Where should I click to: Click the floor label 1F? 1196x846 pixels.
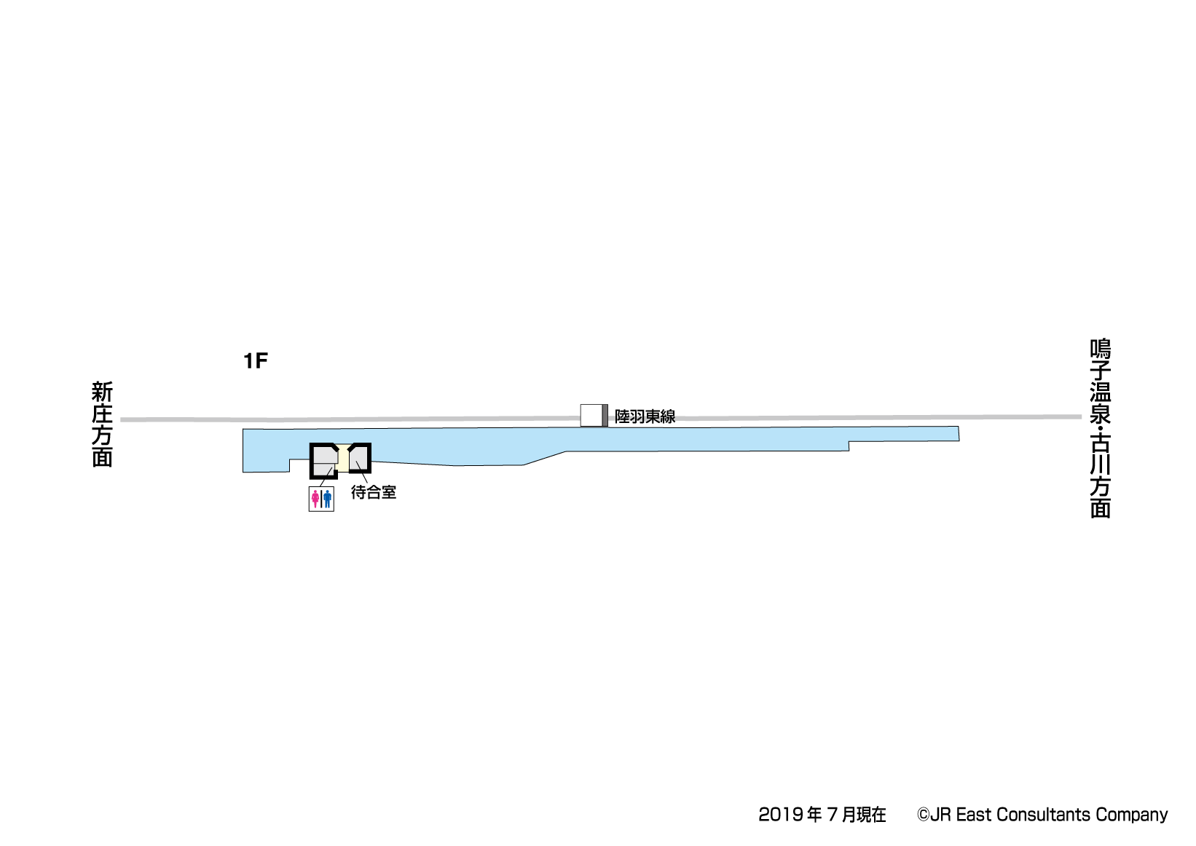[255, 361]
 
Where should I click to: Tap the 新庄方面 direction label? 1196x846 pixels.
[102, 424]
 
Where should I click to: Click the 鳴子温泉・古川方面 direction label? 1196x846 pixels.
[1101, 429]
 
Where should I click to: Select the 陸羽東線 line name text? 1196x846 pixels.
[645, 416]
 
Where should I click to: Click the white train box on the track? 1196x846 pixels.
[591, 415]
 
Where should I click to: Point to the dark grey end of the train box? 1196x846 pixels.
[605, 415]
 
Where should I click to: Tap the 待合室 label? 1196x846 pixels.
[374, 492]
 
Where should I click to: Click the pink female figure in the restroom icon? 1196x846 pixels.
[315, 499]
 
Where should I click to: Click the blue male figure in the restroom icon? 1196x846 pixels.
[327, 499]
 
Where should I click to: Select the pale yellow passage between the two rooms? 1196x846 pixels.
[343, 458]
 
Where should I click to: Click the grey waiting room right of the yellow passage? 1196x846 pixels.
[359, 458]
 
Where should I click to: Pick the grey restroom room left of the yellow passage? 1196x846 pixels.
[324, 461]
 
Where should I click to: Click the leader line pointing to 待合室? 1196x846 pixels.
[361, 473]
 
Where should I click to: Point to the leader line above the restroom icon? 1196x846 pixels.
[326, 477]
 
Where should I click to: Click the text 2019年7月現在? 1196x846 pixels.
[822, 815]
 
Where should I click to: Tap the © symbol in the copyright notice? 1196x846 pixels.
[924, 815]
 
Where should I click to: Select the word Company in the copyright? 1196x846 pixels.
[1132, 815]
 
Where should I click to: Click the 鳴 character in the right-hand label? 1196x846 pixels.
[1101, 349]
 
